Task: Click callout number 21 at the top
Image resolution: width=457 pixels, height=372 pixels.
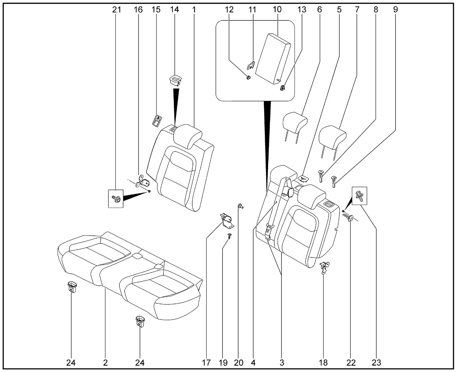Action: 117,10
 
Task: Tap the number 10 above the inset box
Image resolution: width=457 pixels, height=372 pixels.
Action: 277,10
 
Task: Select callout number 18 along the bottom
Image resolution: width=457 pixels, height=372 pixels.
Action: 323,363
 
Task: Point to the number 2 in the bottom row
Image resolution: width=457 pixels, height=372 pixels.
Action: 105,363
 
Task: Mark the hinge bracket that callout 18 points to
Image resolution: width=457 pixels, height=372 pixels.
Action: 325,266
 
